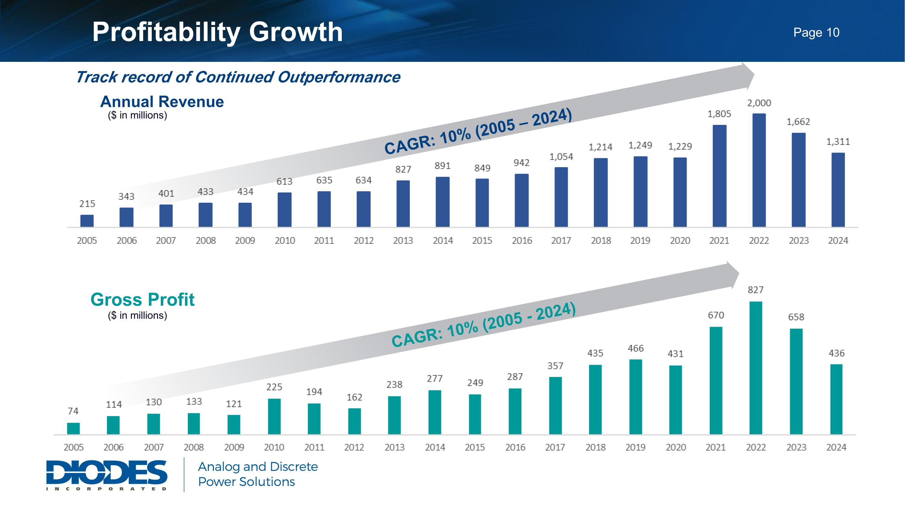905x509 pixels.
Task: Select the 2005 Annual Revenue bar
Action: point(87,221)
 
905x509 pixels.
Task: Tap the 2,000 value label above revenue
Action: point(759,103)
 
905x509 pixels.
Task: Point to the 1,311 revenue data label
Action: point(838,142)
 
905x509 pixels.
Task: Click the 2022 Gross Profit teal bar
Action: point(756,367)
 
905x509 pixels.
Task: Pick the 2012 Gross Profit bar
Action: point(354,421)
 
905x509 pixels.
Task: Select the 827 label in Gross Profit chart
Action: point(756,290)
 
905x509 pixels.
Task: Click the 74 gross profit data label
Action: point(73,411)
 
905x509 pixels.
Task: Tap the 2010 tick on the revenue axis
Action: point(284,241)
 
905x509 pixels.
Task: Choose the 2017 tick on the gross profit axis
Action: point(555,447)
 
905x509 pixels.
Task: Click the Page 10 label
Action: point(816,32)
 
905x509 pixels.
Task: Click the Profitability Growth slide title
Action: point(217,32)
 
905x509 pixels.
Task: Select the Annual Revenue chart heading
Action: point(162,102)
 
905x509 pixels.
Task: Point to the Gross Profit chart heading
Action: point(142,300)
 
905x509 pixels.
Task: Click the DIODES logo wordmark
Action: point(107,472)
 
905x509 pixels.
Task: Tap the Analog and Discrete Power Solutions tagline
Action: point(258,474)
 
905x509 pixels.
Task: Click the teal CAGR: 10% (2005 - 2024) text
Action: point(483,325)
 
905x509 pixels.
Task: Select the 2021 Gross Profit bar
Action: point(716,380)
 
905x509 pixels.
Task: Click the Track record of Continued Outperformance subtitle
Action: point(238,77)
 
